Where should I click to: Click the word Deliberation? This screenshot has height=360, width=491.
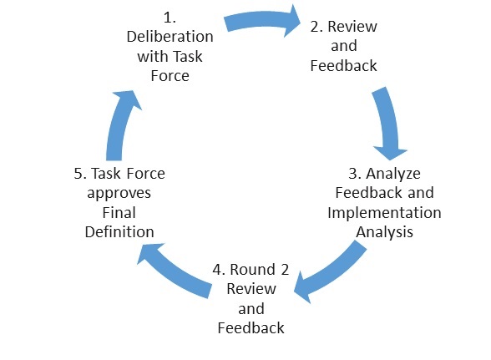coord(170,37)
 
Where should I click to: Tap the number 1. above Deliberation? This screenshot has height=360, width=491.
coord(170,18)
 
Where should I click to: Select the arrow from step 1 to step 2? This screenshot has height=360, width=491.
coord(262,21)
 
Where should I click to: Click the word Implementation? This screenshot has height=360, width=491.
coord(384,213)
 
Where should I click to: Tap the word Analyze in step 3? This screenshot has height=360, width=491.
coord(393,174)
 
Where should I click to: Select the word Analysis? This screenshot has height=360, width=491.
coord(384,232)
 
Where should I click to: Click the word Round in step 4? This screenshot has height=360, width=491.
coord(253,270)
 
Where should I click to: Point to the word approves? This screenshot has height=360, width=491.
coord(119,194)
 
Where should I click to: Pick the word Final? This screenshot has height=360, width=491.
coord(119,213)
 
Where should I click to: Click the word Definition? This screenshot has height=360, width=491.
coord(119,232)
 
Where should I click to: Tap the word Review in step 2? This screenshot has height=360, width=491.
coord(352,27)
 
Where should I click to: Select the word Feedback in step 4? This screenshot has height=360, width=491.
coord(251,328)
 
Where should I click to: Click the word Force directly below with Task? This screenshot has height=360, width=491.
coord(170,76)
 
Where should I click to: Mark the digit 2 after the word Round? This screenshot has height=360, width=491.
coord(285,270)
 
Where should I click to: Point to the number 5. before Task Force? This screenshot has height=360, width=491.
coord(80,174)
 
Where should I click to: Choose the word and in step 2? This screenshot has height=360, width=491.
coord(344,46)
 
